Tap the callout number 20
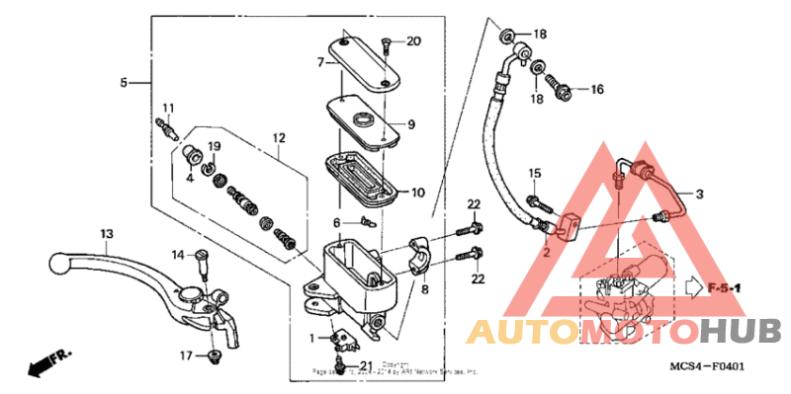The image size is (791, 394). point(413,40)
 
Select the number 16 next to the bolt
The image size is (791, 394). point(596,90)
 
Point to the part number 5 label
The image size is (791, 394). point(125,83)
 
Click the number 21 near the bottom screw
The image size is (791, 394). point(366,367)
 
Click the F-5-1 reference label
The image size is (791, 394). point(727,287)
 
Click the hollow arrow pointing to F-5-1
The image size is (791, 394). point(691,287)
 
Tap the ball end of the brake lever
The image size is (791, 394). point(60,264)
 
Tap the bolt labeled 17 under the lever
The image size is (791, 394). point(212,355)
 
